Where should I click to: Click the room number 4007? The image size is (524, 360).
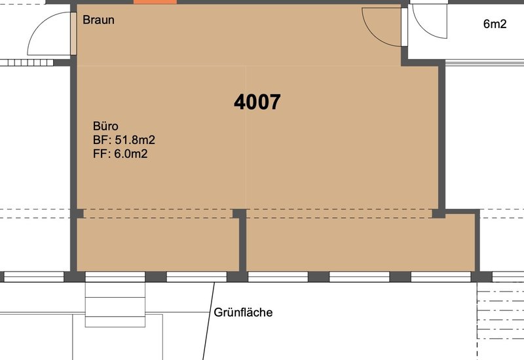pyautogui.click(x=257, y=102)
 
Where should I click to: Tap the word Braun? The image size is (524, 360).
pyautogui.click(x=99, y=20)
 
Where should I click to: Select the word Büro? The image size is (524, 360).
pyautogui.click(x=105, y=126)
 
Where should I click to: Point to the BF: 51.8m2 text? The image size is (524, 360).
pyautogui.click(x=124, y=139)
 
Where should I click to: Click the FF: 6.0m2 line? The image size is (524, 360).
pyautogui.click(x=121, y=154)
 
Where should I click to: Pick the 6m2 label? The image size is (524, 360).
pyautogui.click(x=495, y=24)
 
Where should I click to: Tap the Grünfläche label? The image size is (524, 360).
pyautogui.click(x=243, y=312)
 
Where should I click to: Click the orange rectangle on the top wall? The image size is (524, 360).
pyautogui.click(x=155, y=2)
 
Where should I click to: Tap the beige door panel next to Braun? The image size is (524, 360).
pyautogui.click(x=73, y=34)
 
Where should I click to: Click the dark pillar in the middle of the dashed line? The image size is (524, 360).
pyautogui.click(x=239, y=213)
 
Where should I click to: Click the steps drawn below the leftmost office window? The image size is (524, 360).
pyautogui.click(x=115, y=304)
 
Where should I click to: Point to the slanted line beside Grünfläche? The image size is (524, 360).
pyautogui.click(x=208, y=321)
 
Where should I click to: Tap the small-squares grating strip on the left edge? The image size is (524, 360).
pyautogui.click(x=27, y=62)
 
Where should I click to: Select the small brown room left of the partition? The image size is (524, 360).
pyautogui.click(x=158, y=244)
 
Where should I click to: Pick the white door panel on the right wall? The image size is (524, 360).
pyautogui.click(x=404, y=26)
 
